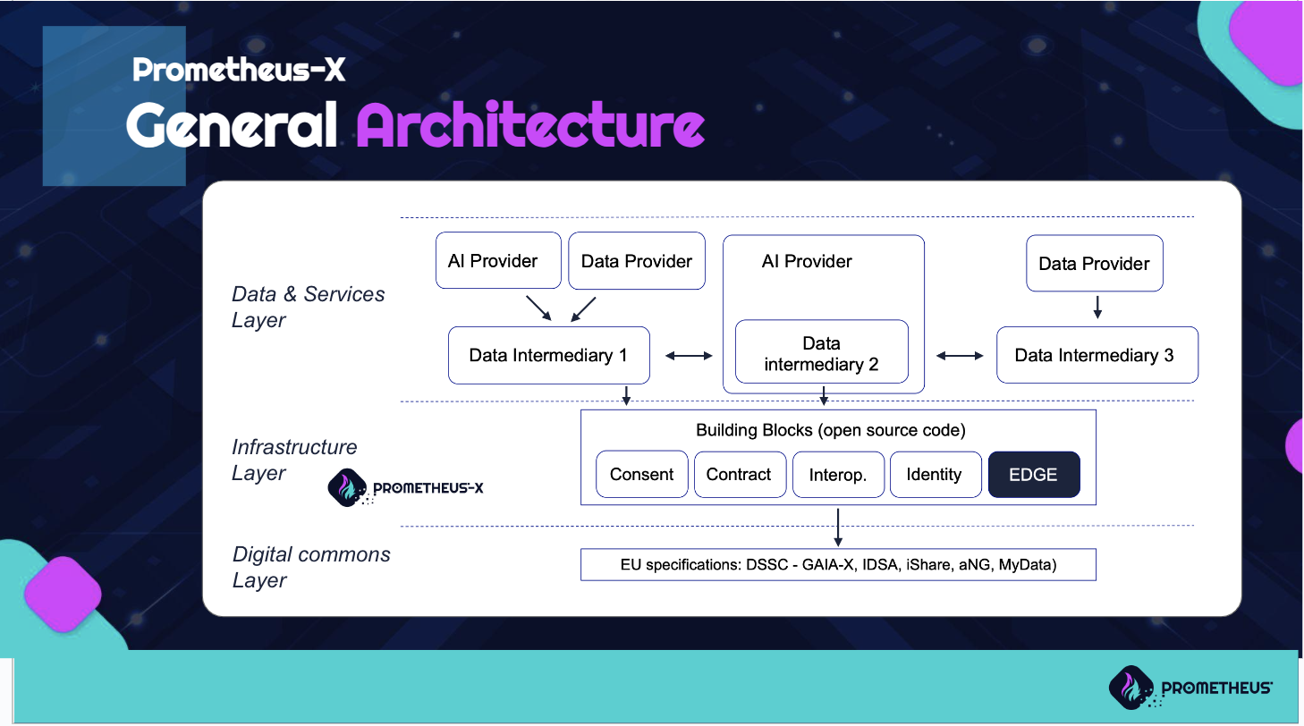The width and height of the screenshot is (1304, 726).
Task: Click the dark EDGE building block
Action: coord(1034,474)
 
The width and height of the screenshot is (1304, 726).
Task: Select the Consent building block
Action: coord(641,474)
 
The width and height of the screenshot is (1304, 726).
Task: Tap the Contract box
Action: coord(740,474)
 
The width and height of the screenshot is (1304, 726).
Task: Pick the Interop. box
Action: coord(838,474)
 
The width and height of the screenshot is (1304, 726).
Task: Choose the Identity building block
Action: coord(936,474)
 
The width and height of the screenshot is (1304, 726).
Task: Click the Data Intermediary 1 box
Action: coord(549,355)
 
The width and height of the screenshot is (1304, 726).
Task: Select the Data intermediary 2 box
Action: coord(821,351)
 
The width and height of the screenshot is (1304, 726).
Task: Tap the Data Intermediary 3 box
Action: coord(1097,355)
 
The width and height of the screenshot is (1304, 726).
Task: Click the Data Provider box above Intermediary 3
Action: coord(1095,263)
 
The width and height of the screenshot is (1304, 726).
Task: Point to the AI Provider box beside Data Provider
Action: coord(498,260)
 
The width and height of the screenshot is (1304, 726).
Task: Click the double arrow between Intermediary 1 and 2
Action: coord(689,356)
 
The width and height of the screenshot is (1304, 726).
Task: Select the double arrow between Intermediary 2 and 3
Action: coord(960,356)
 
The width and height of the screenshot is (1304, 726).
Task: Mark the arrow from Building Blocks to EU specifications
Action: coord(838,527)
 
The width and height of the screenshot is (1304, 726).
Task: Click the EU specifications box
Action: coord(838,564)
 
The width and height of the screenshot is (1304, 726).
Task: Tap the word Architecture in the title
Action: coord(530,125)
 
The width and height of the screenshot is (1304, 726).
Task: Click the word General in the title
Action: coord(232,125)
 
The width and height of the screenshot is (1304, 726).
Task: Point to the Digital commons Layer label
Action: coord(311,567)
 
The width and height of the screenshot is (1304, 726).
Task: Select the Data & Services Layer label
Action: coord(308,307)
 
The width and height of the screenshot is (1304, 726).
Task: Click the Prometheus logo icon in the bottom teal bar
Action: coord(1131,688)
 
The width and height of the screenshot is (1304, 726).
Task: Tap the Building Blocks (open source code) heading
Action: coord(831,430)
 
